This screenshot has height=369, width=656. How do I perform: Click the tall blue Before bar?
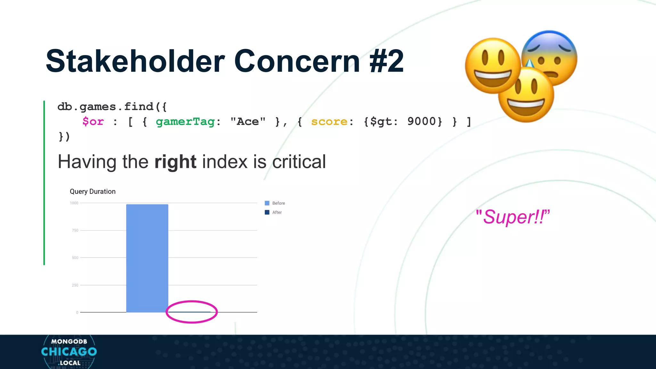[x=147, y=258]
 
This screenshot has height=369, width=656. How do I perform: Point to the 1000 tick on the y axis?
[x=74, y=203]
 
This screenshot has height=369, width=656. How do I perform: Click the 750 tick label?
[x=75, y=230]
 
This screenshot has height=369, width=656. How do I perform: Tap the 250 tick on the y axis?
[x=75, y=285]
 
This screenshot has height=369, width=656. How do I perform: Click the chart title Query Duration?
[x=93, y=192]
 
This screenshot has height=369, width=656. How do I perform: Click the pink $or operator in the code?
[x=93, y=122]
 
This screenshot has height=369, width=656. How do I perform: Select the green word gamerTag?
[x=185, y=122]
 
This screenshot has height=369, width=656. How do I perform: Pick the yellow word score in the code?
[x=329, y=122]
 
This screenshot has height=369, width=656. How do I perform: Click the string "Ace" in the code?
[x=248, y=122]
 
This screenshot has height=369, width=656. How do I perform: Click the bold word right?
[x=175, y=162]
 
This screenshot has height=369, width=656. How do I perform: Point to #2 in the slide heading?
[x=386, y=61]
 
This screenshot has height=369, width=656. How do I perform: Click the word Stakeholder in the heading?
[x=135, y=61]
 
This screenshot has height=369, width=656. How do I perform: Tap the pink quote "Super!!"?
[x=512, y=217]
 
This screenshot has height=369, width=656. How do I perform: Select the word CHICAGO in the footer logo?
[x=69, y=352]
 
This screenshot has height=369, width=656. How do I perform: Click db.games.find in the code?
[x=106, y=107]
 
